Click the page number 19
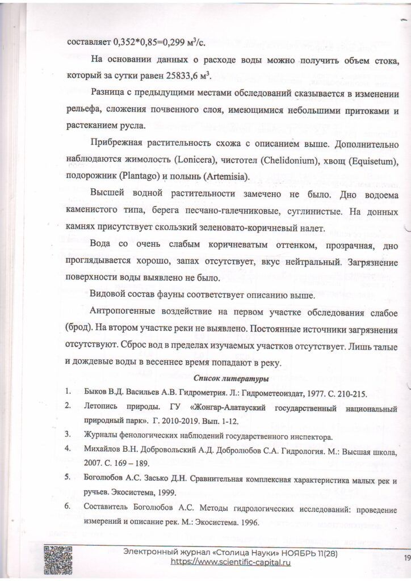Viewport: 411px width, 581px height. [407, 558]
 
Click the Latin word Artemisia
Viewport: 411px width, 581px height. [228, 176]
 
